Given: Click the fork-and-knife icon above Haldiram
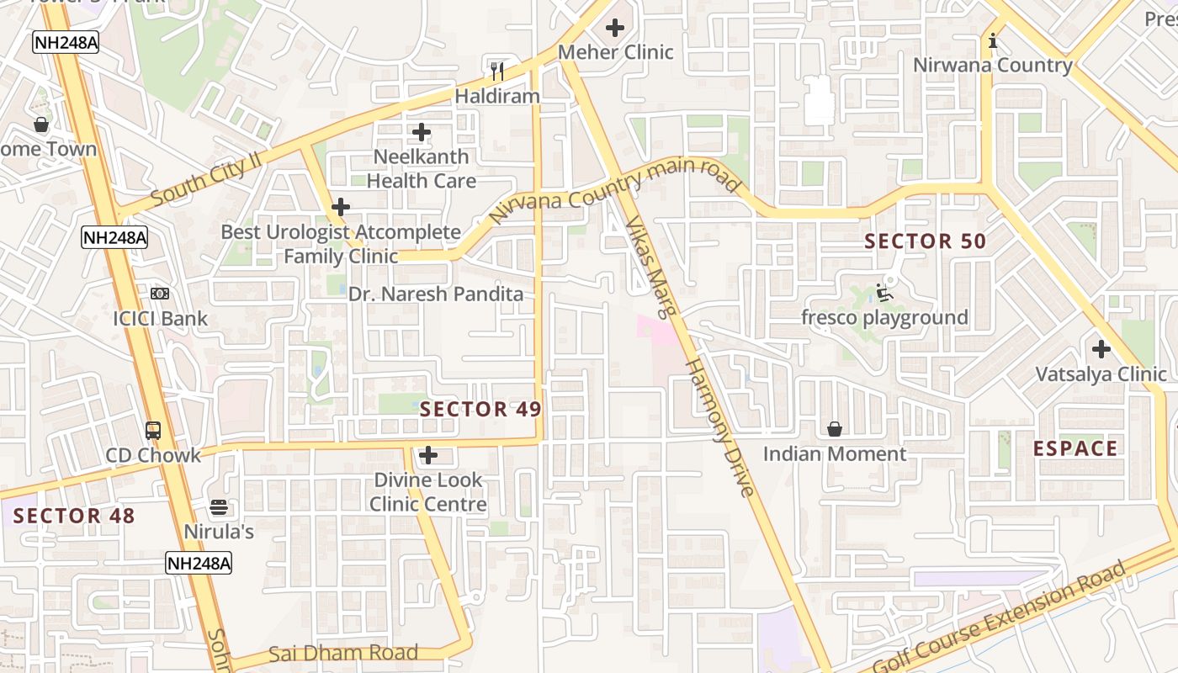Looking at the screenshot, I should pyautogui.click(x=497, y=71).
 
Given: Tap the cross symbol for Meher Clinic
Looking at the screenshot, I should pyautogui.click(x=615, y=28).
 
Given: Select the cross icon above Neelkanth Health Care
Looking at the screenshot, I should pyautogui.click(x=422, y=132).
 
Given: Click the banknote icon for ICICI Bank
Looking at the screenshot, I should pyautogui.click(x=160, y=294).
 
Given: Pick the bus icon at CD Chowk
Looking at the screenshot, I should pyautogui.click(x=153, y=431).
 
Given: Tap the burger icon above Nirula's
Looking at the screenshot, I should pyautogui.click(x=219, y=507).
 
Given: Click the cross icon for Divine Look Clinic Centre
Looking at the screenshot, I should pyautogui.click(x=428, y=456).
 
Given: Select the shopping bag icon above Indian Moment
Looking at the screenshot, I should pyautogui.click(x=835, y=430).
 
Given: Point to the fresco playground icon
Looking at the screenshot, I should pyautogui.click(x=883, y=293).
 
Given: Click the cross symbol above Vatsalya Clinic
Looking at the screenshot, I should pyautogui.click(x=1101, y=349).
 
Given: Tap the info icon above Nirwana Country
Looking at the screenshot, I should pyautogui.click(x=993, y=40).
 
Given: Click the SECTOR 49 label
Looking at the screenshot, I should pyautogui.click(x=480, y=410).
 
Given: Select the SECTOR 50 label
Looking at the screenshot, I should pyautogui.click(x=925, y=241).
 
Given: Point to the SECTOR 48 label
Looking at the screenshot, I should pyautogui.click(x=74, y=516).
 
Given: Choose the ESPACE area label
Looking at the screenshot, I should pyautogui.click(x=1075, y=448).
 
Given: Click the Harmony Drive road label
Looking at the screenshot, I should pyautogui.click(x=719, y=427).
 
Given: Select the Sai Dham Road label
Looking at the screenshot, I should pyautogui.click(x=343, y=653).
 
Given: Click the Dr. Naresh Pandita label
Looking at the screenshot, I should pyautogui.click(x=436, y=294).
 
